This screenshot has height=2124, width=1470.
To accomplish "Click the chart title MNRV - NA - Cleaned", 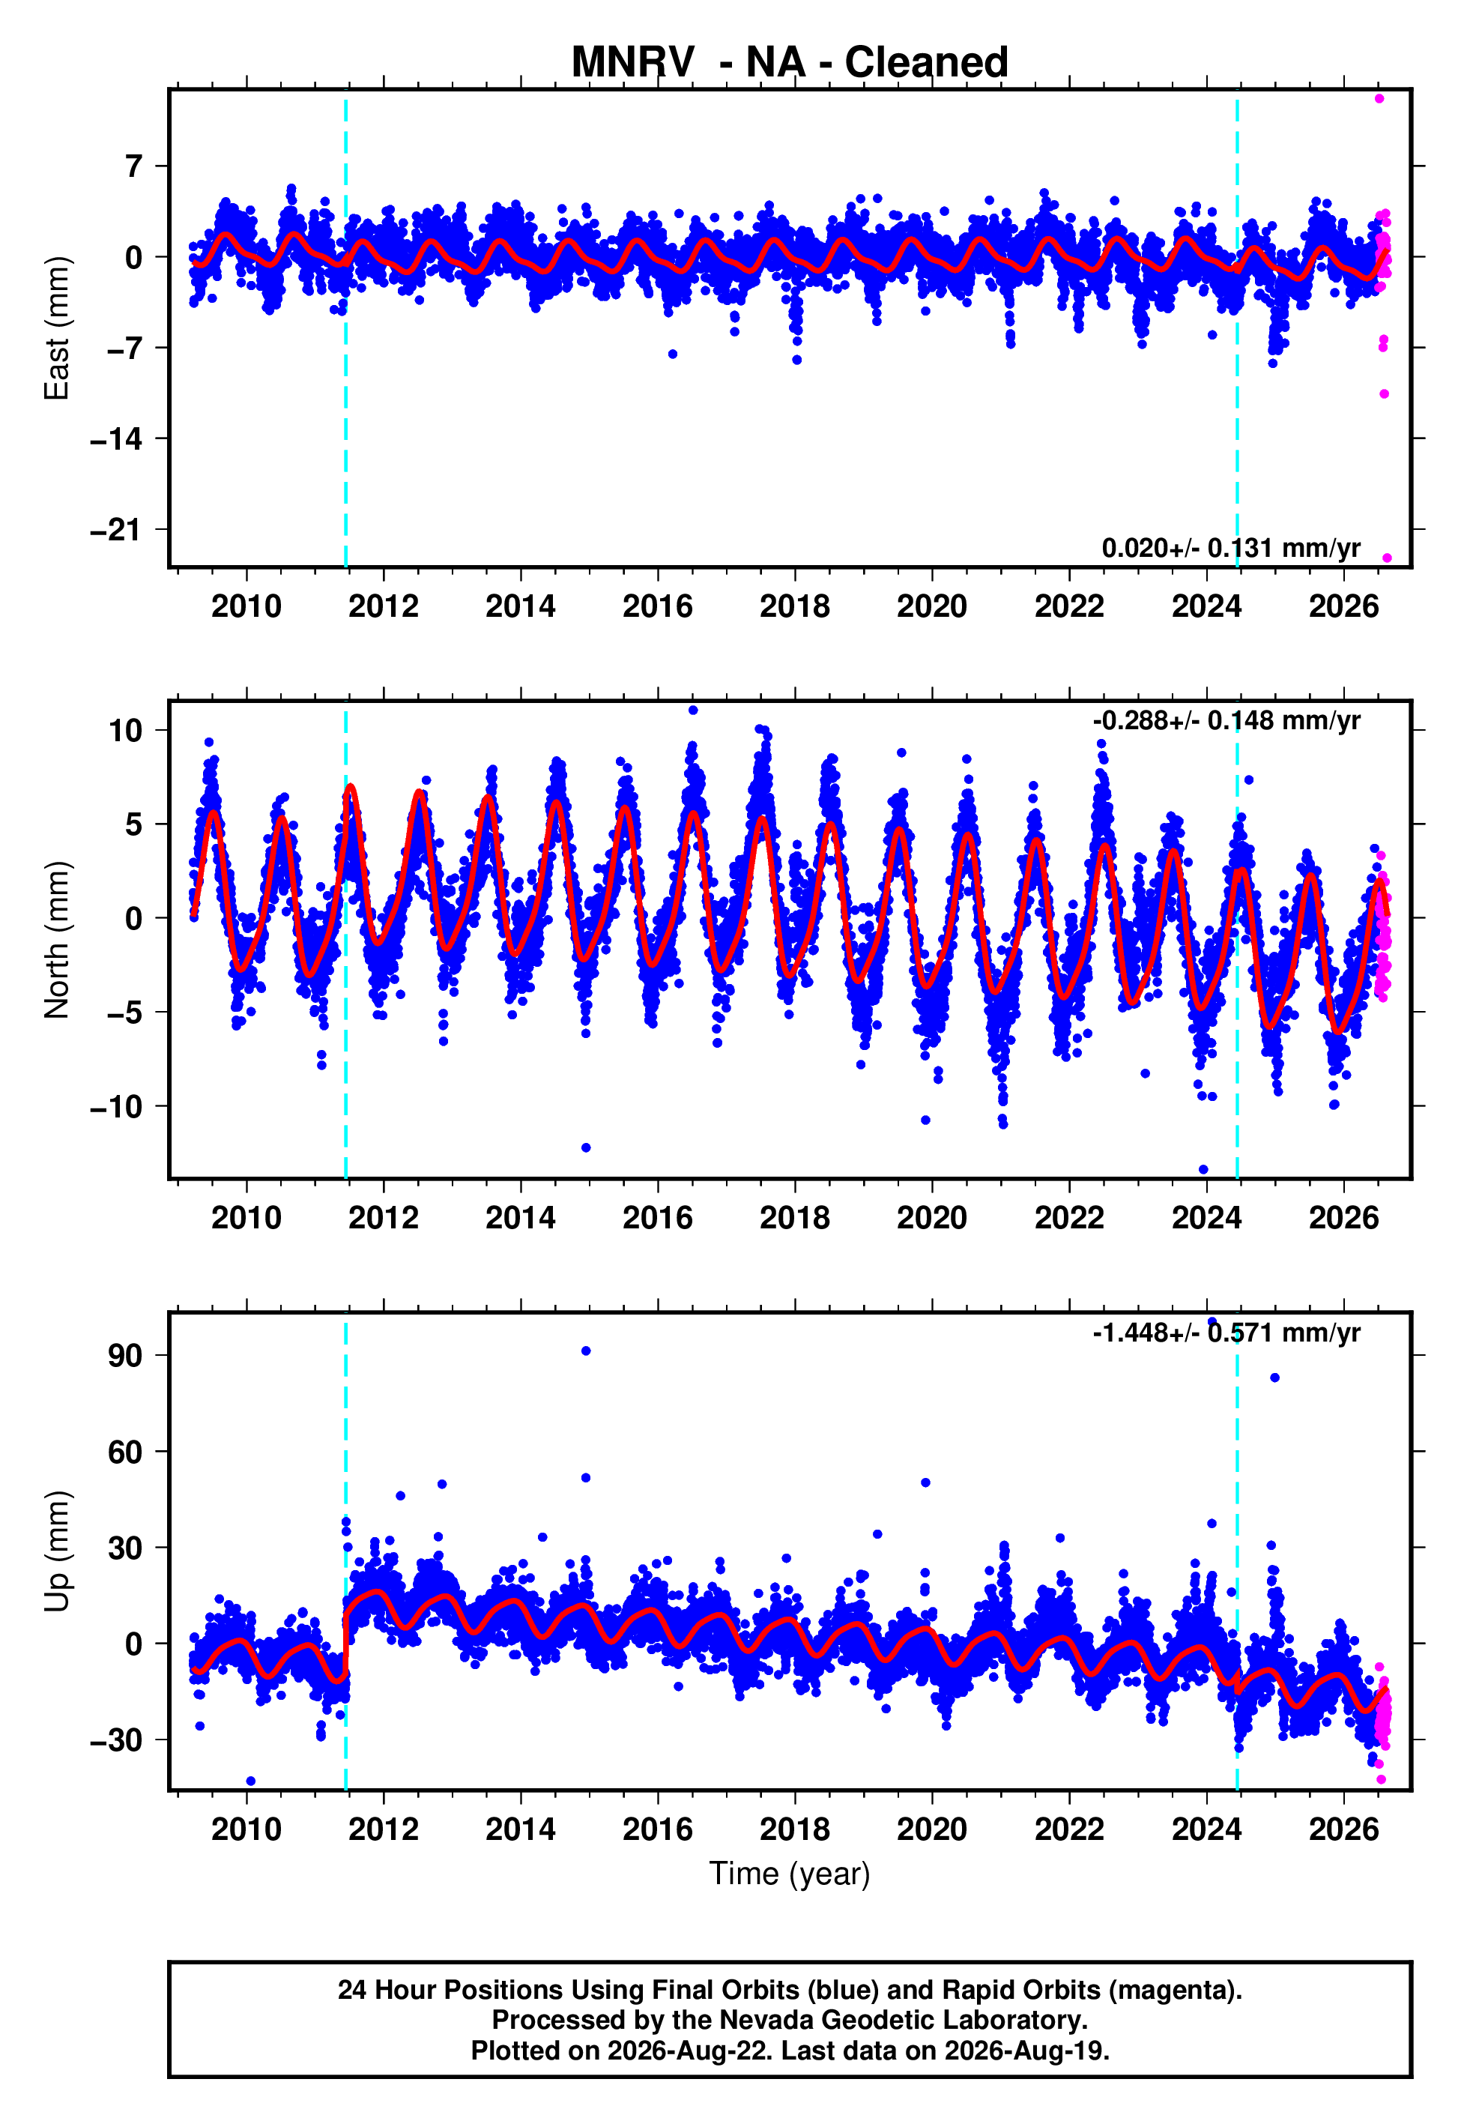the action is tap(790, 63).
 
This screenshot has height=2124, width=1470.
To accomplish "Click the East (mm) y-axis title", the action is tap(56, 328).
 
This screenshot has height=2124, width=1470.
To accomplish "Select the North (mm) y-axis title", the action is tap(56, 940).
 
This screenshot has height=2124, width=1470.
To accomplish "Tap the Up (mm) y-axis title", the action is tap(56, 1551).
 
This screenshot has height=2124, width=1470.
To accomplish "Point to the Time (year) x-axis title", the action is tap(790, 1874).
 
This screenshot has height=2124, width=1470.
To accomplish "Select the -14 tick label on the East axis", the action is tap(116, 439).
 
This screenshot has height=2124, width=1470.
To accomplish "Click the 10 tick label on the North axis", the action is tap(125, 731).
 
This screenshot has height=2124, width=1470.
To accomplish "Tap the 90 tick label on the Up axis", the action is tap(125, 1356).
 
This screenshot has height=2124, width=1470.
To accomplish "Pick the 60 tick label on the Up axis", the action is tap(125, 1452).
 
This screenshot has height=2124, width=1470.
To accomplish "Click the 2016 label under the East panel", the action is tap(658, 606).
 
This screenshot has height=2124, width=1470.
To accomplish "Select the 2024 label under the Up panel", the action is tap(1206, 1829).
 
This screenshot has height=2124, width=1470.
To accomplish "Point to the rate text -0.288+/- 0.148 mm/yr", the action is tap(1226, 720).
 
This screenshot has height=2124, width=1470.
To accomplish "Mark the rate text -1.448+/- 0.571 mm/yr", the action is tap(1226, 1332).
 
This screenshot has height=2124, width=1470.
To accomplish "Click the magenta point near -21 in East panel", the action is tap(1387, 558).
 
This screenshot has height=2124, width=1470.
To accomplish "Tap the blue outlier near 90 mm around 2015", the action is tap(586, 1351).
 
